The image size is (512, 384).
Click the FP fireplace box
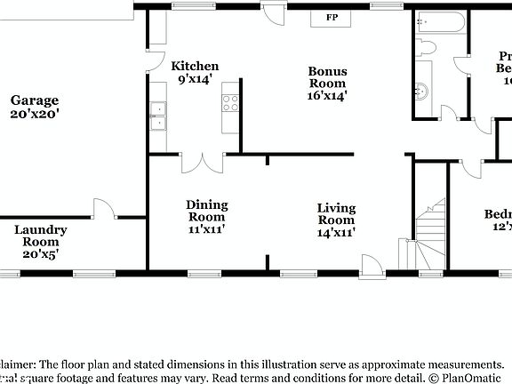tap(332, 18)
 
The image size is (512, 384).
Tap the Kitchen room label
tap(195, 67)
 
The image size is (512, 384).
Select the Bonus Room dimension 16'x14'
tap(327, 95)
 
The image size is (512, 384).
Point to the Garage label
tap(36, 100)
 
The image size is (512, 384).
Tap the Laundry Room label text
tap(40, 236)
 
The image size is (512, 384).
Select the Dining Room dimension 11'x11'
tap(206, 228)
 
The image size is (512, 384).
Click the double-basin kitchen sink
tap(157, 116)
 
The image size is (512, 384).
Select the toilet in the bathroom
tap(424, 48)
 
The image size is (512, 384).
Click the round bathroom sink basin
tap(421, 89)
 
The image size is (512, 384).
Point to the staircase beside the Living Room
tap(431, 236)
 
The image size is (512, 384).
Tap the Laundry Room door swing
tap(103, 209)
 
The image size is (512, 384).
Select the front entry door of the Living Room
tap(370, 264)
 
